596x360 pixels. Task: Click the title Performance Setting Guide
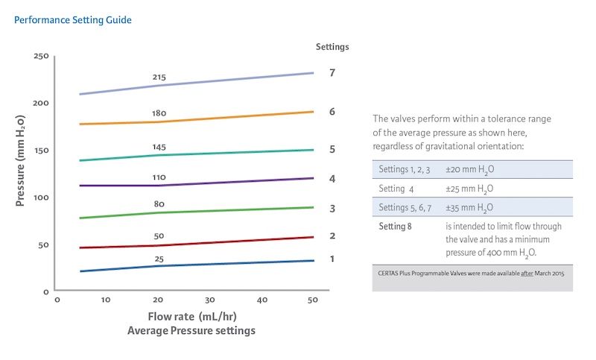(x=73, y=20)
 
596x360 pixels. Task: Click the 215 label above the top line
(x=159, y=77)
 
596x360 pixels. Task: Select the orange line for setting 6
(x=223, y=118)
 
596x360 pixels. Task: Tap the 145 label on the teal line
(x=159, y=147)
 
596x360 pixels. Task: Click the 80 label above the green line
(x=159, y=203)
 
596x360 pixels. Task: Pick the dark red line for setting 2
(x=223, y=242)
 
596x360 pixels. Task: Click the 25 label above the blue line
(x=159, y=258)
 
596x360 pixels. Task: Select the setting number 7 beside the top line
(x=332, y=73)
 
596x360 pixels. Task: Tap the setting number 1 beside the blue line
(x=332, y=259)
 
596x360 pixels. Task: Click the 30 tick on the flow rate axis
(x=210, y=300)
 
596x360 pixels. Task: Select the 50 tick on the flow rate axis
(x=313, y=300)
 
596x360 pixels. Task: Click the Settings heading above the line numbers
(x=332, y=46)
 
